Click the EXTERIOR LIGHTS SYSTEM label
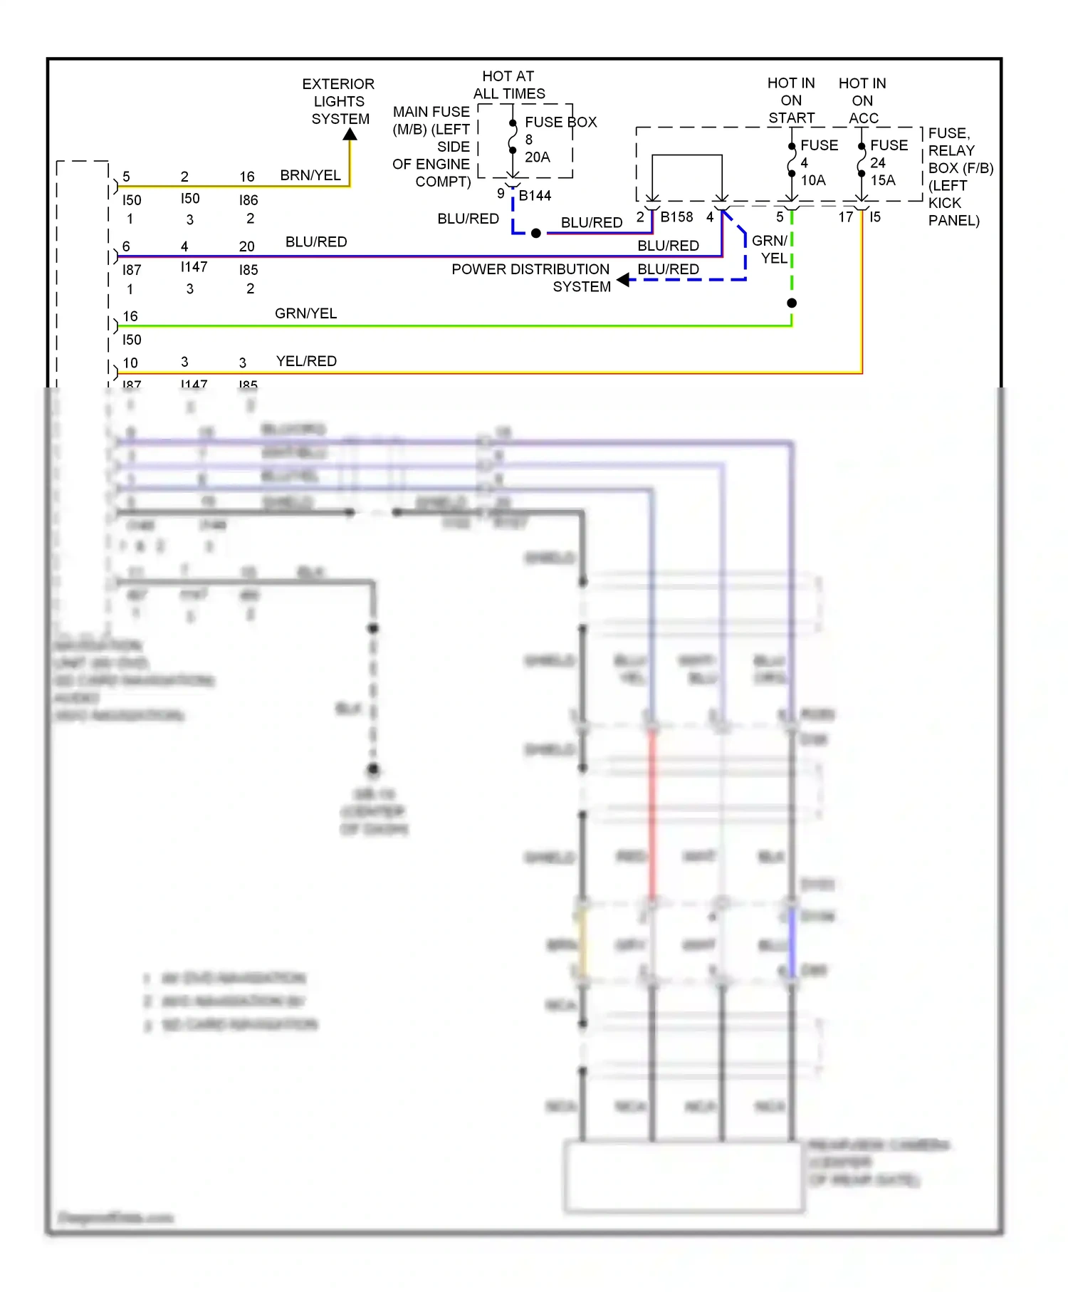click(339, 101)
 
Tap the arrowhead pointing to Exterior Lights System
click(350, 135)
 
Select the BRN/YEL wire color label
click(310, 175)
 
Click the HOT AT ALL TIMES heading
click(508, 85)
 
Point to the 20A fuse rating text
click(537, 157)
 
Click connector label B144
click(535, 195)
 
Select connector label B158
click(676, 217)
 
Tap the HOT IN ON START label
click(791, 100)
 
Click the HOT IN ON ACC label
click(862, 100)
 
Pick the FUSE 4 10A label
click(817, 162)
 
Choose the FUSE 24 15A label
click(888, 162)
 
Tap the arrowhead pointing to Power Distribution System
click(624, 280)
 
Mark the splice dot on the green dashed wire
click(792, 303)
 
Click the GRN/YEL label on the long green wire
click(305, 313)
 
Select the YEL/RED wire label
click(306, 361)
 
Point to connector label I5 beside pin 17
click(875, 217)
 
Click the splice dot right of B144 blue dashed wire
click(536, 233)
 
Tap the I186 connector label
click(248, 200)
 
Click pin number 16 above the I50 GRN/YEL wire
click(130, 316)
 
